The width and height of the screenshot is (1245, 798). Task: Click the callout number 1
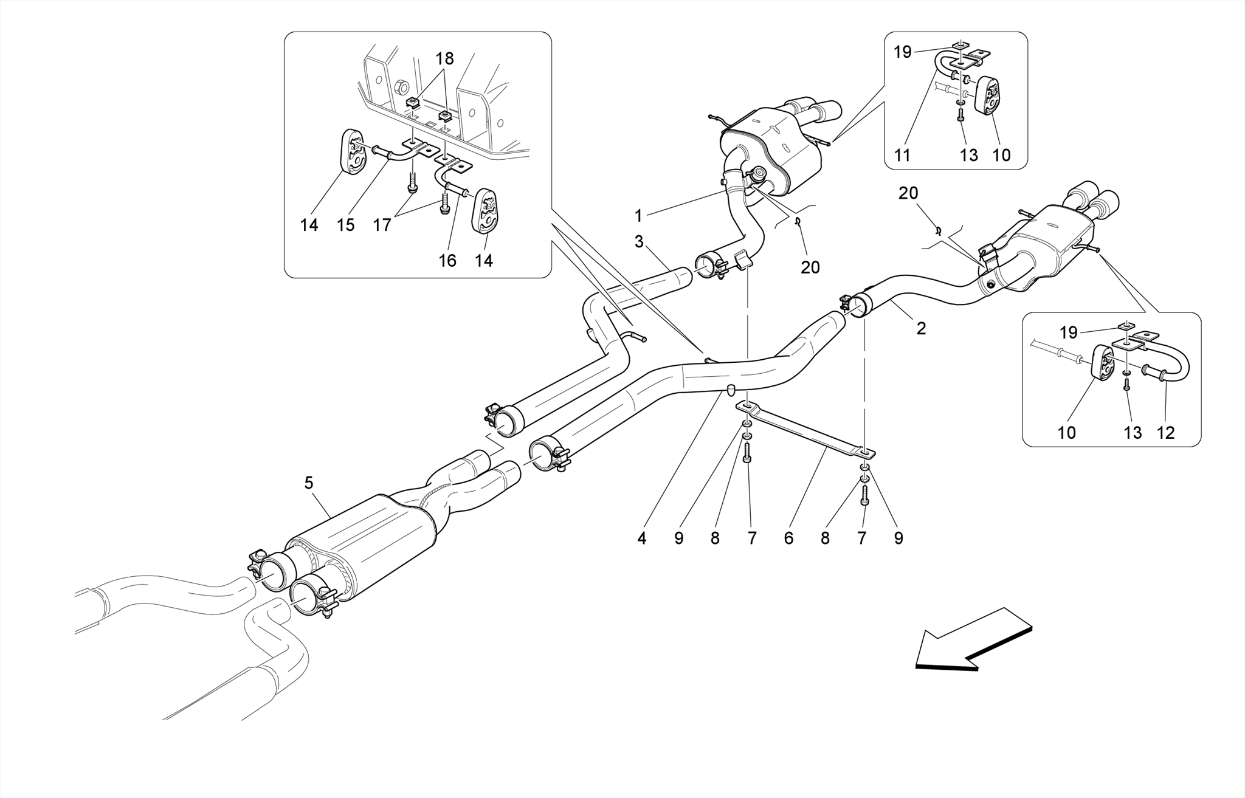point(638,216)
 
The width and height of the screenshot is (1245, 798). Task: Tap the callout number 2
point(921,329)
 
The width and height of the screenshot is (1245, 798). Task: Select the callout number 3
point(638,242)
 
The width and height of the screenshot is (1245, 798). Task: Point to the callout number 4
point(642,538)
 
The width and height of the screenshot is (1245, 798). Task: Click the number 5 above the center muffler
point(309,483)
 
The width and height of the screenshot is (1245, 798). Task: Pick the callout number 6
point(788,538)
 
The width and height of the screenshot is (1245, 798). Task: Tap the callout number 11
point(903,156)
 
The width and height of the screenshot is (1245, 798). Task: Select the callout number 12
point(1166,433)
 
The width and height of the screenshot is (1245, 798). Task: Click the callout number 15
point(345,225)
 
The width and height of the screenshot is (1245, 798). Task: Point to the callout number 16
point(447,261)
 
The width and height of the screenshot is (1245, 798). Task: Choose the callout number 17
point(382,225)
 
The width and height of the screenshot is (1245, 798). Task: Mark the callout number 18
point(445,59)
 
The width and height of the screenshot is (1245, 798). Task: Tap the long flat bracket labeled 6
point(809,431)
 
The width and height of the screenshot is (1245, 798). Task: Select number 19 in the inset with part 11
point(903,52)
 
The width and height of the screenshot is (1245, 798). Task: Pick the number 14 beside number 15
point(309,225)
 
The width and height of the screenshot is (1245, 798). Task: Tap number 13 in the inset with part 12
point(1133,433)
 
